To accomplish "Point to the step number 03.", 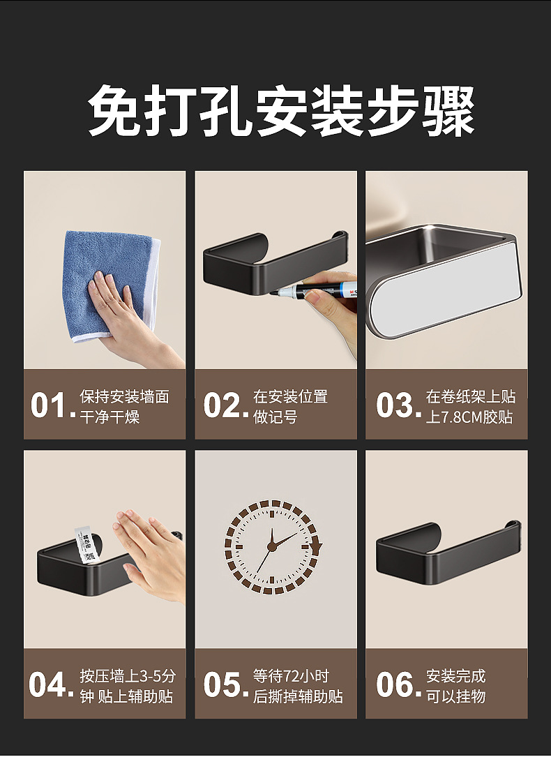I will [394, 406].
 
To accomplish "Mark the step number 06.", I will [394, 685].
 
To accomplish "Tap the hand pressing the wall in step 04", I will [150, 551].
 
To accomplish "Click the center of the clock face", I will [273, 546].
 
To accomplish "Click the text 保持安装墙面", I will [124, 397].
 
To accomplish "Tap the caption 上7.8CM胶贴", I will [470, 417].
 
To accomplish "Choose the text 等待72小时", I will [291, 676].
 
